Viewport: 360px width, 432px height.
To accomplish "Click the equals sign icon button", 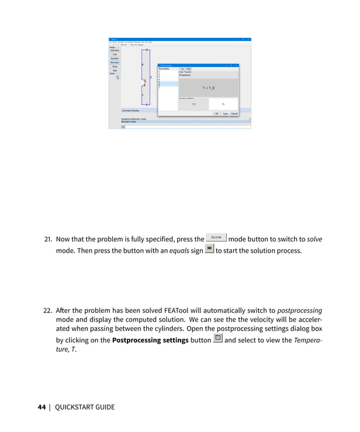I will point(209,249).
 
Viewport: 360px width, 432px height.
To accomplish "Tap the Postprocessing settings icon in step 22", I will point(217,339).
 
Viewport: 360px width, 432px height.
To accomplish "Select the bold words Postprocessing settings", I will point(150,341).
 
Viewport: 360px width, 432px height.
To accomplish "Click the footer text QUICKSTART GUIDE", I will point(84,407).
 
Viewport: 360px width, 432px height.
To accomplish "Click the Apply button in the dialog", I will point(225,113).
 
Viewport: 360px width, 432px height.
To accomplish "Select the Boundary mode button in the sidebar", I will point(115,63).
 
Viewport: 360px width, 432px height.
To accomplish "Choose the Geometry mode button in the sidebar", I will point(115,51).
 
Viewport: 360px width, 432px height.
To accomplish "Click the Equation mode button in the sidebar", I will point(115,59).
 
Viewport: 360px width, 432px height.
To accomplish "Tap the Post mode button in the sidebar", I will point(115,70).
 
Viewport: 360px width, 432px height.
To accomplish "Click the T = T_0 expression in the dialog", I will point(208,88).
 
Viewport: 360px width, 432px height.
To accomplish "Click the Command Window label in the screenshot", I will point(130,111).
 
